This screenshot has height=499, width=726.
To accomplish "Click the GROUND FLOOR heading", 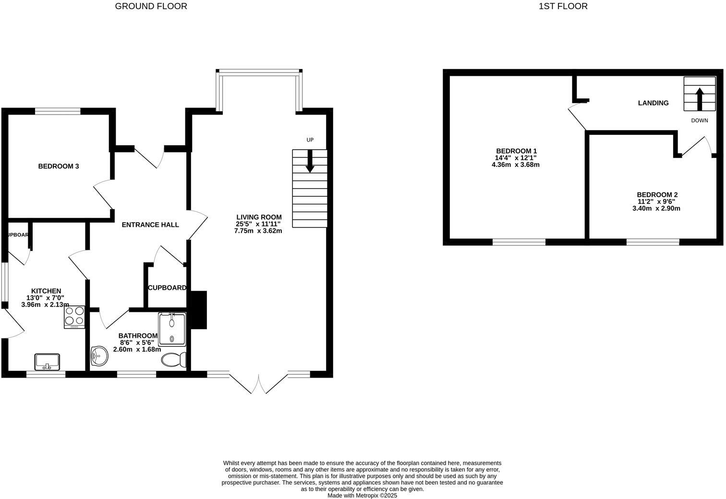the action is (x=151, y=6).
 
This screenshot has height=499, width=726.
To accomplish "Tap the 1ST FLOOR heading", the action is (x=563, y=6).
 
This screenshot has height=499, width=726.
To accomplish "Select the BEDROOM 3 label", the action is (x=59, y=166).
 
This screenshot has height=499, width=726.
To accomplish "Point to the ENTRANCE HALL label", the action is (x=150, y=225).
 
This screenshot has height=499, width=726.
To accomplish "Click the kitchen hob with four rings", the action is (x=74, y=317).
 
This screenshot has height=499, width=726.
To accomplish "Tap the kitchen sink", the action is (x=47, y=362).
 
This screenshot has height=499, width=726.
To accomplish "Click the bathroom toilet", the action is (x=174, y=360).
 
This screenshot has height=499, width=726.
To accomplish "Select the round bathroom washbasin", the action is (x=99, y=356).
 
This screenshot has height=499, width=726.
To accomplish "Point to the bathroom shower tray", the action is (x=172, y=329).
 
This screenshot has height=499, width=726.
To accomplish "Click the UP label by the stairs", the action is (x=310, y=140).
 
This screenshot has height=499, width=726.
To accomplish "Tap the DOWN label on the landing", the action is (x=700, y=120).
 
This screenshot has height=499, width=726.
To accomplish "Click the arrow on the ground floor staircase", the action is (x=310, y=161).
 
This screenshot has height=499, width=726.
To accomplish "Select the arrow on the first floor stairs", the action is (x=700, y=99).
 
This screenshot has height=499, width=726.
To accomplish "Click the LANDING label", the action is (x=653, y=103).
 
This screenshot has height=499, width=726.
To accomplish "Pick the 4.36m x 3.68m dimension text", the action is (x=516, y=165).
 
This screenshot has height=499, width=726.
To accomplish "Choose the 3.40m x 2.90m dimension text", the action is (x=656, y=209).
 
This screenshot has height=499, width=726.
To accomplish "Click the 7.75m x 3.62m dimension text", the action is (x=258, y=231).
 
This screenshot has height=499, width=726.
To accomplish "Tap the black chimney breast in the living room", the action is (x=198, y=310).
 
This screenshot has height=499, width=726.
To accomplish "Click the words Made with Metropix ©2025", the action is (x=362, y=496).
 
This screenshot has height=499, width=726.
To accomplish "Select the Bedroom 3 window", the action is (x=58, y=111).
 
